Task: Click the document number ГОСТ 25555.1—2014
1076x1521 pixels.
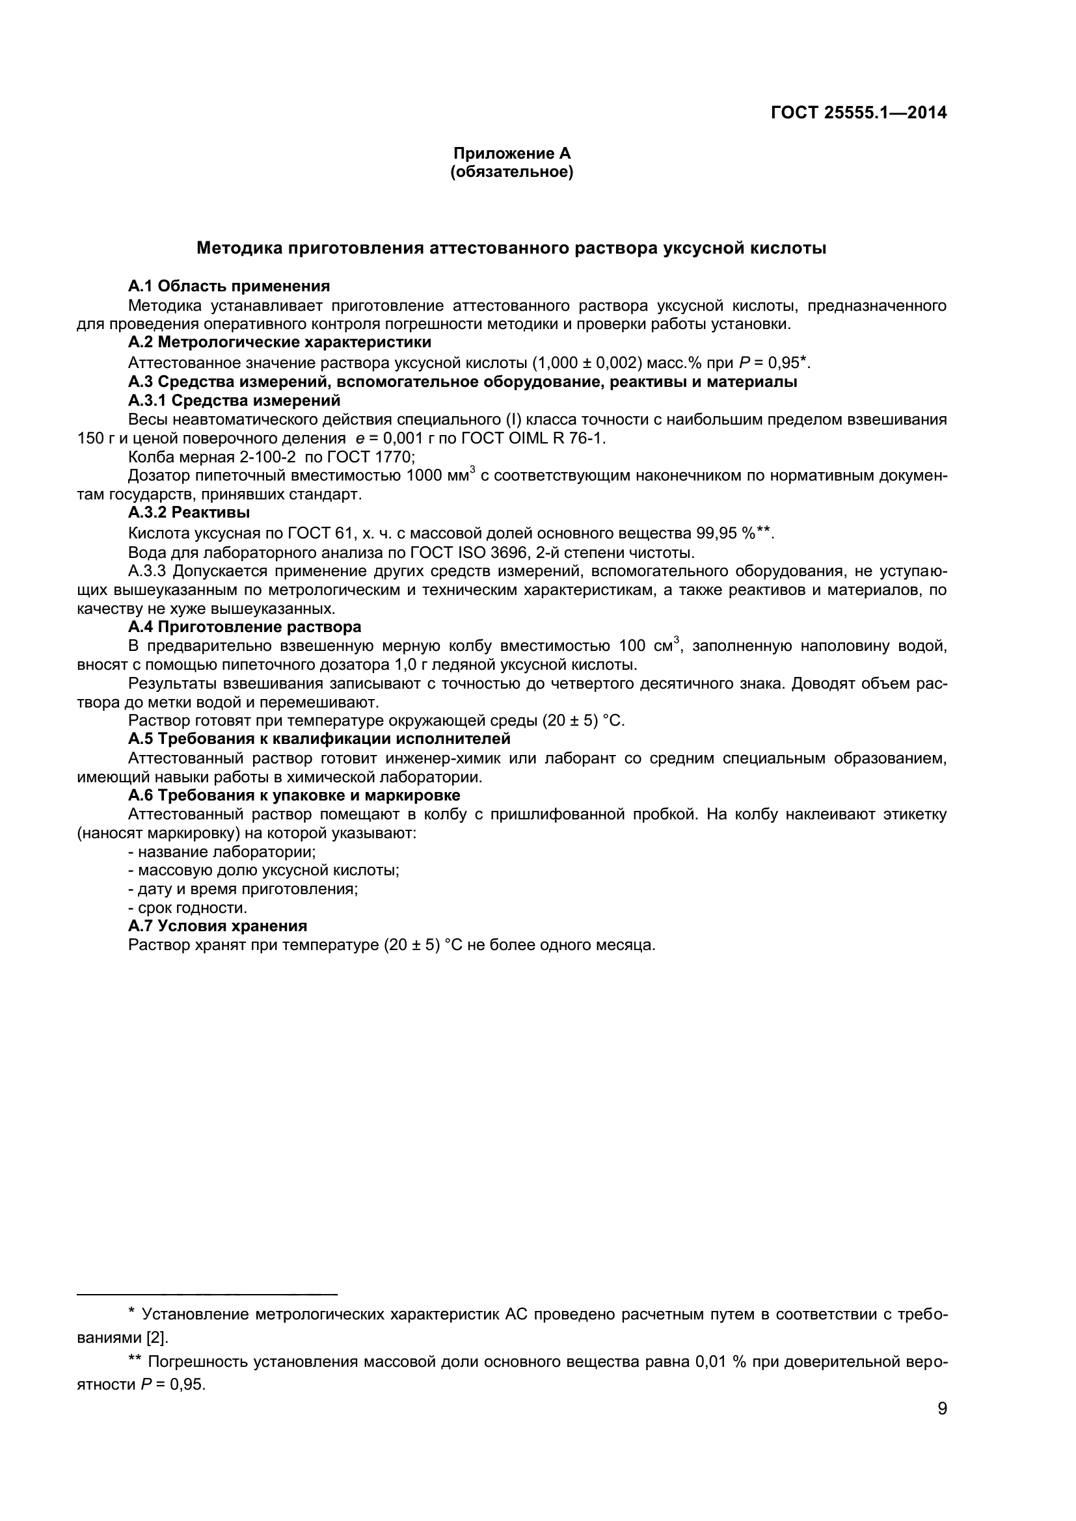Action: pos(859,113)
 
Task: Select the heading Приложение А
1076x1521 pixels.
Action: pos(511,153)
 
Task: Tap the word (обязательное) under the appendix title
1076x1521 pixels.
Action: pos(511,172)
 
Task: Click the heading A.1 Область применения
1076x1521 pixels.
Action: pos(228,286)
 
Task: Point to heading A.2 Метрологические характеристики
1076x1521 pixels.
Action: pos(279,343)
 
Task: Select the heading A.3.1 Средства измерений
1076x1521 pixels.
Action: pos(234,400)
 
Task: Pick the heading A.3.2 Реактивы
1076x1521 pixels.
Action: pos(189,512)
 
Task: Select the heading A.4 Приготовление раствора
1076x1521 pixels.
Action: pos(245,627)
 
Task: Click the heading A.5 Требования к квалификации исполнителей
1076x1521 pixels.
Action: pos(319,739)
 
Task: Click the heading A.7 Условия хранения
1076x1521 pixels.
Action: pos(217,926)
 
